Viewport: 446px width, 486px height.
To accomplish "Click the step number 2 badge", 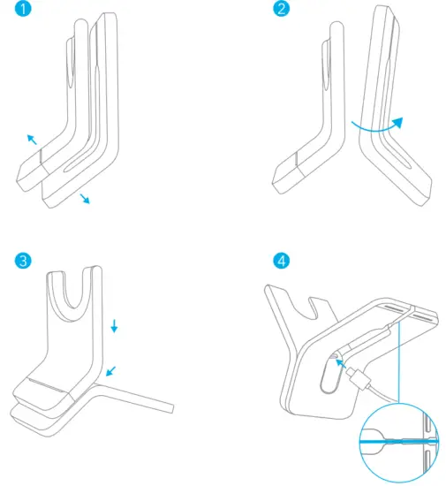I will pos(282,11).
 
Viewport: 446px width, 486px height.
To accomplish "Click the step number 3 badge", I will pos(22,261).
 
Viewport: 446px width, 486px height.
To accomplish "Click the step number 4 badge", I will pos(282,261).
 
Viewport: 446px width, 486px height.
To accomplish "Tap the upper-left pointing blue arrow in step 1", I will pos(32,139).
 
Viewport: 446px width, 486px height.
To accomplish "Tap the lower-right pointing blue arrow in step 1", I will pos(85,198).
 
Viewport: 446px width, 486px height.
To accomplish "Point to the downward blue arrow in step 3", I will pos(114,328).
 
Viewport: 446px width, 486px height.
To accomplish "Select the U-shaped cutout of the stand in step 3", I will pos(73,296).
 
